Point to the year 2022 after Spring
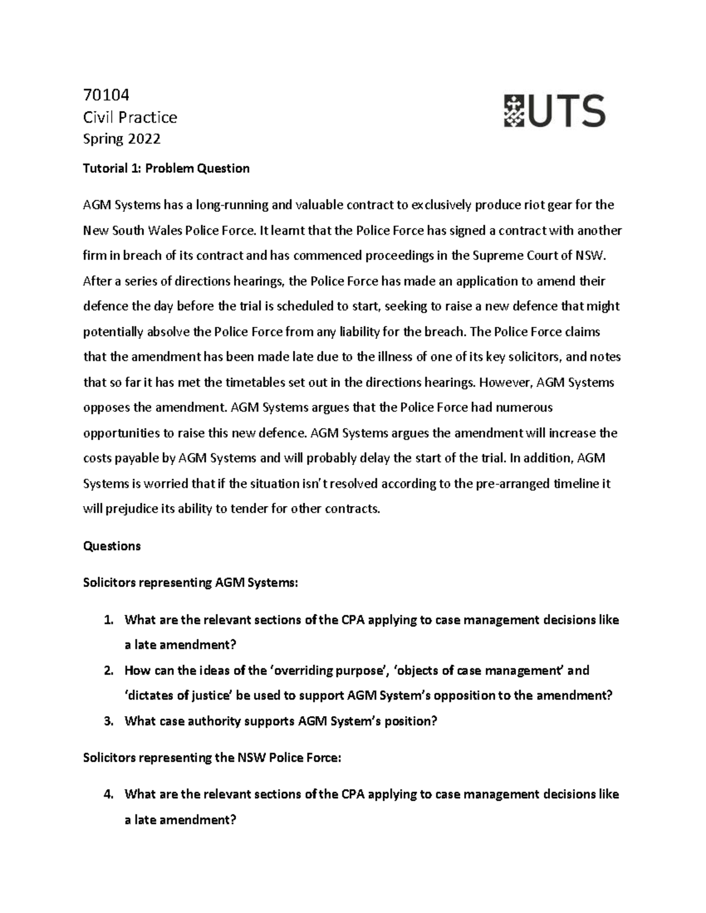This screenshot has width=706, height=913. (144, 139)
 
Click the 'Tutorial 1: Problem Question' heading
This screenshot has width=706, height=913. (166, 169)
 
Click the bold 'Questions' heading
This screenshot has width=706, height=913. (112, 546)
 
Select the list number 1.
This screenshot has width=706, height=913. (107, 620)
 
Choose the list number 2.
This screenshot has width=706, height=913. (107, 671)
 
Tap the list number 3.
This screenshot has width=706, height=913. (107, 721)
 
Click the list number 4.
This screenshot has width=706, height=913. (107, 794)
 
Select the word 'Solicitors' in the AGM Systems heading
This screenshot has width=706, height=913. (109, 583)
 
